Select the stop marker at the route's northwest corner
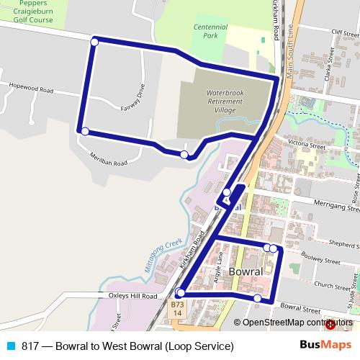click(x=94, y=42)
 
